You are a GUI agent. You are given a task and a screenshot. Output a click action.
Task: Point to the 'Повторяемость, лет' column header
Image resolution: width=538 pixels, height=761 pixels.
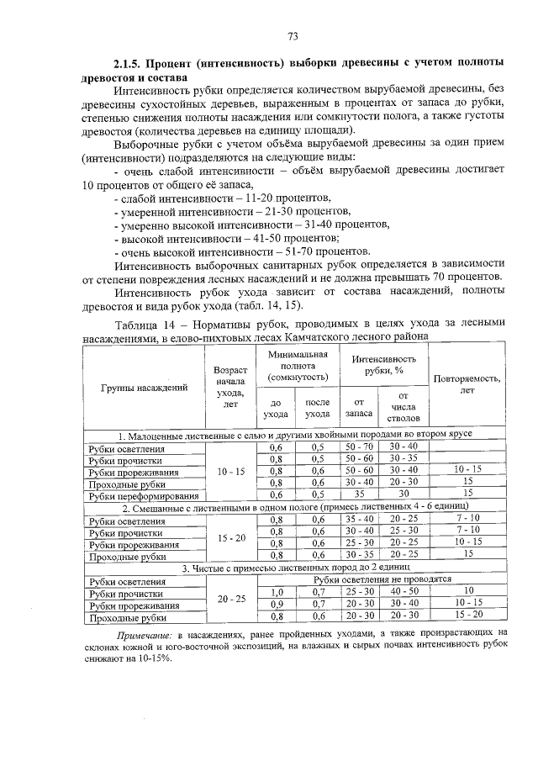click(467, 383)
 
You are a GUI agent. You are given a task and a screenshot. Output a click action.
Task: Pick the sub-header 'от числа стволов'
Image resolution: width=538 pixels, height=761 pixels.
click(403, 407)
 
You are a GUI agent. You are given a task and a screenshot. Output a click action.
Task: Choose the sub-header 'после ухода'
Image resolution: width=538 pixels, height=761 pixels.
click(317, 408)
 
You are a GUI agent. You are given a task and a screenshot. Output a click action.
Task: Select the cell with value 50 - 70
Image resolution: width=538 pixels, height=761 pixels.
click(359, 447)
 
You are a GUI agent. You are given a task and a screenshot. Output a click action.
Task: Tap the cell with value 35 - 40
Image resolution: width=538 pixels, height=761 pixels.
click(359, 520)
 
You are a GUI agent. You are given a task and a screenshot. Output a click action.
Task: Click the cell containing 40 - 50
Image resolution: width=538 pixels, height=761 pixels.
click(403, 592)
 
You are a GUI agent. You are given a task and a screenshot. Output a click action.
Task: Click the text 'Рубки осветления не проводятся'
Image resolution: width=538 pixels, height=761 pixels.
click(383, 579)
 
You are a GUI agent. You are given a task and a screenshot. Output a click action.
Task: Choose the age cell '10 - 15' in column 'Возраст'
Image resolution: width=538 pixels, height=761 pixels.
click(230, 472)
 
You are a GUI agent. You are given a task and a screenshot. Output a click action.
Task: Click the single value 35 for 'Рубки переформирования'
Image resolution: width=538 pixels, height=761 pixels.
click(359, 495)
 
